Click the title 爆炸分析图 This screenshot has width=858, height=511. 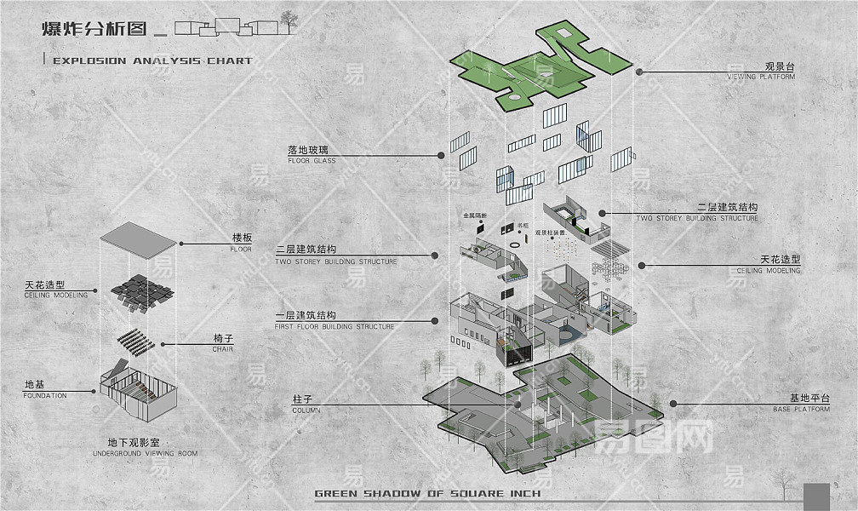click(x=93, y=28)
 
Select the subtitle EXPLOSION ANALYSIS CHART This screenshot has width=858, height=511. click(x=152, y=61)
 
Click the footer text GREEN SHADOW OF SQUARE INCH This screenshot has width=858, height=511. click(x=427, y=493)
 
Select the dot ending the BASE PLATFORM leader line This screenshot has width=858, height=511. click(x=672, y=405)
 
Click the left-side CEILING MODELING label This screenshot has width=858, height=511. click(x=56, y=290)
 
